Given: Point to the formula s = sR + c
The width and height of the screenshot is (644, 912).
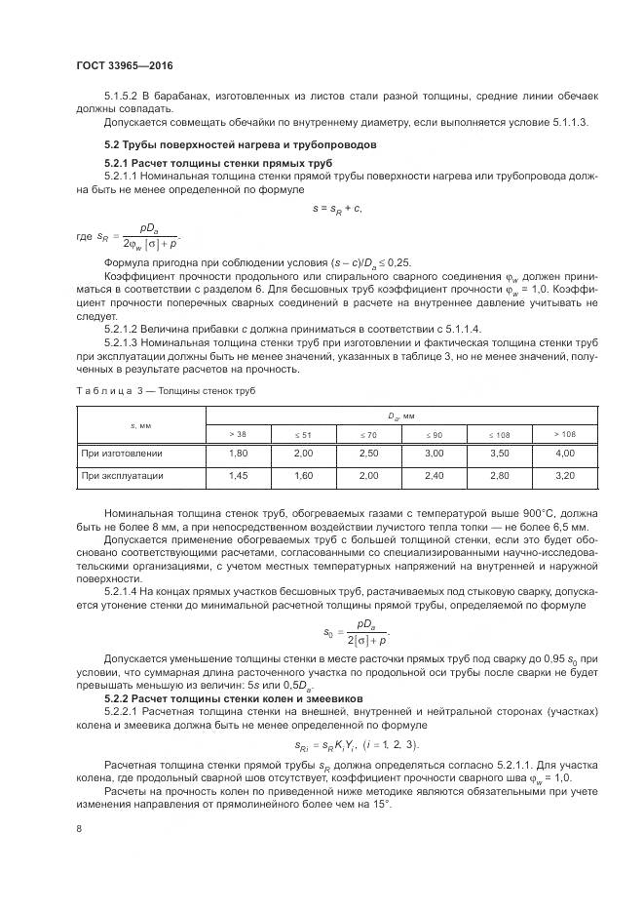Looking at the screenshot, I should tap(337, 208).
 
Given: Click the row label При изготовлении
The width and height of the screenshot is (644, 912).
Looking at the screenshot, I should tap(122, 454).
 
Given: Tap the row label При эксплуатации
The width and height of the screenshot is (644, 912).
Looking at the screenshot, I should tap(122, 476).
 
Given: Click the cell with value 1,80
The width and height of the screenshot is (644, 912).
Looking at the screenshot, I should tap(238, 454).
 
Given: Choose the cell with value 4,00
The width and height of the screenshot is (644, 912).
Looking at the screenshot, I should tap(564, 454).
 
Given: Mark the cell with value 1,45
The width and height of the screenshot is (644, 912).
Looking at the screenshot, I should tap(238, 476).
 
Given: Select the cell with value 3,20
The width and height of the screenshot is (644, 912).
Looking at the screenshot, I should tap(564, 476).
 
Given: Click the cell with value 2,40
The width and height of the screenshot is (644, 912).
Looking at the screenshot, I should tap(435, 476).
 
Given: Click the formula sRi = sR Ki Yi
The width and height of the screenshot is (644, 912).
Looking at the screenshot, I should tap(357, 745).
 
